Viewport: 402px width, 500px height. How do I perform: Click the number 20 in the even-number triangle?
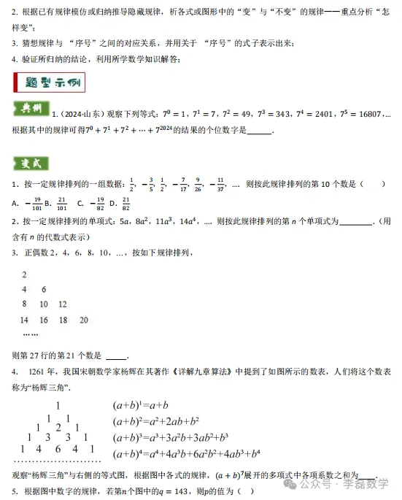(x=83, y=320)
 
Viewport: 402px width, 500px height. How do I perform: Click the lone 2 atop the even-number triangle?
(x=24, y=274)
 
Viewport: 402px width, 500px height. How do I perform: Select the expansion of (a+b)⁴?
(x=186, y=454)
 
